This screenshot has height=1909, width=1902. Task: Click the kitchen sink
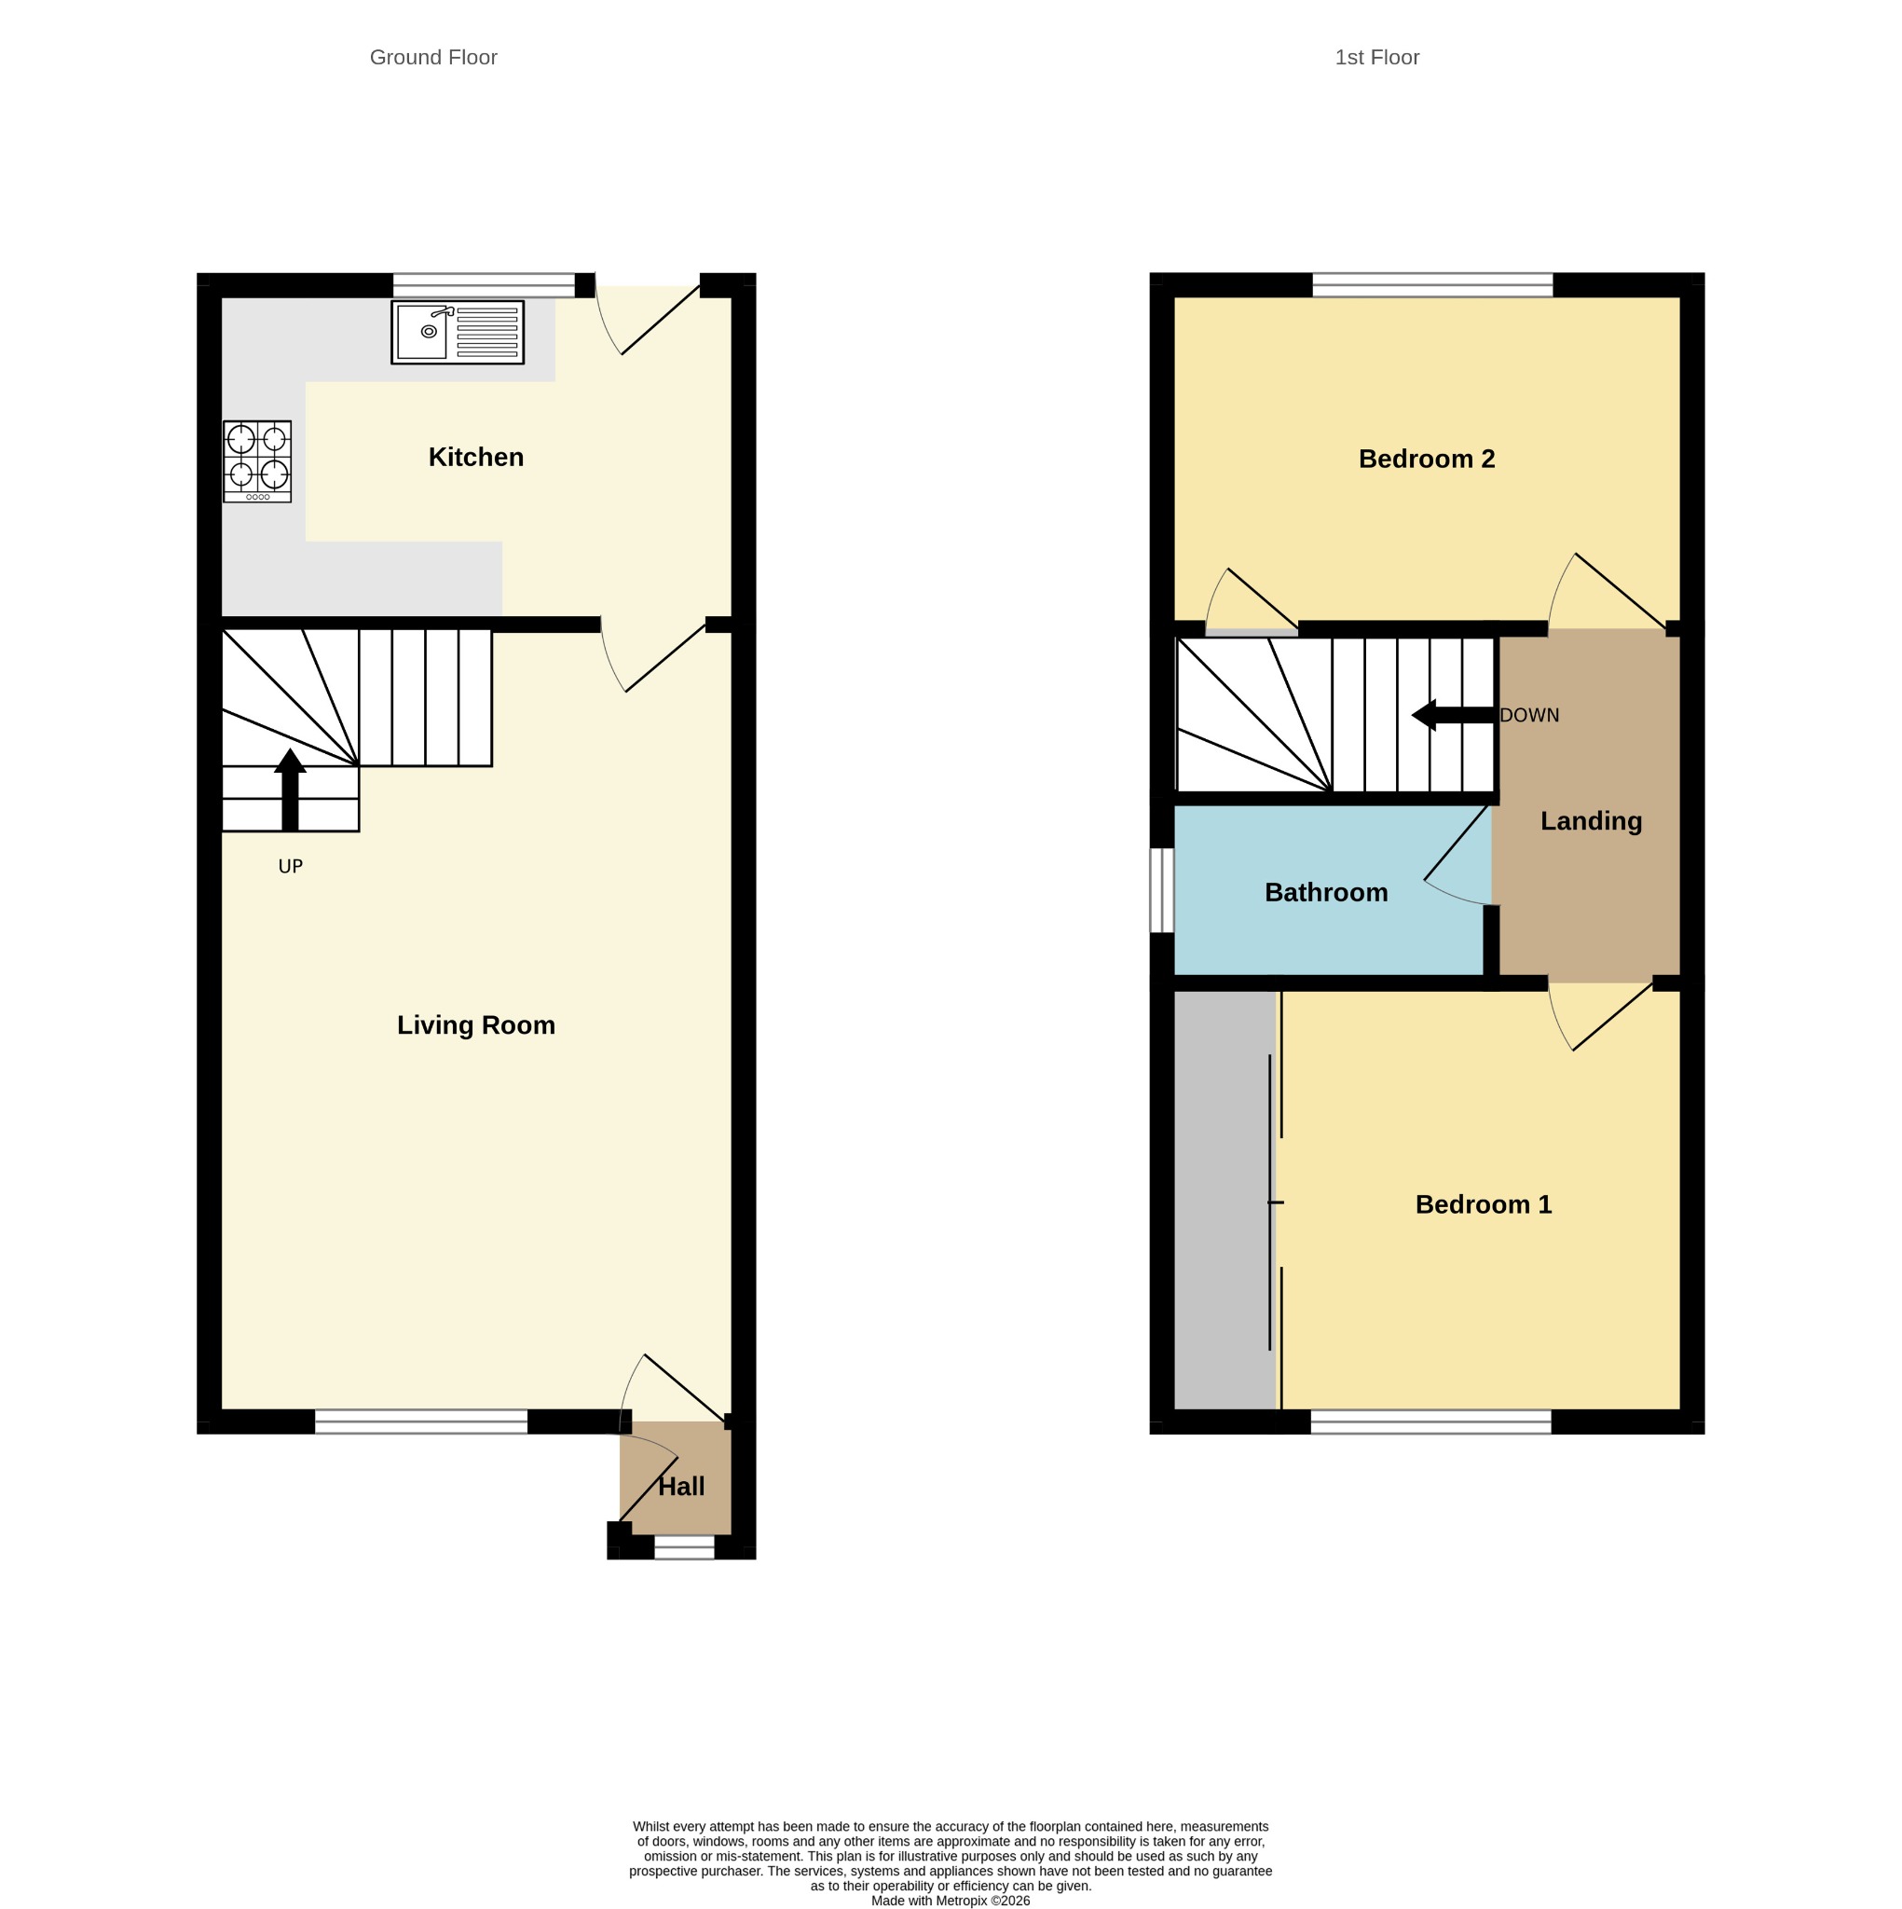click(x=457, y=332)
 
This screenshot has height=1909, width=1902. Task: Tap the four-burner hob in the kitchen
click(x=257, y=461)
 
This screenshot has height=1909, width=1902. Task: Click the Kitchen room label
click(x=475, y=457)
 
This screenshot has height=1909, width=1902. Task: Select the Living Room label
click(x=475, y=1024)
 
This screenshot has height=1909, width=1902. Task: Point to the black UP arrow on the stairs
click(x=290, y=790)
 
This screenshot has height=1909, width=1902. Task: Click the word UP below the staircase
click(x=291, y=867)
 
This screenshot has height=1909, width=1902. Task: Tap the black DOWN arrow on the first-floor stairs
click(x=1453, y=714)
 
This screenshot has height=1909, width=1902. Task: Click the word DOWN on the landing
click(x=1528, y=715)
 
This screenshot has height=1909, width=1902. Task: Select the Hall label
click(x=681, y=1487)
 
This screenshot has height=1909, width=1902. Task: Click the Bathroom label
click(x=1326, y=892)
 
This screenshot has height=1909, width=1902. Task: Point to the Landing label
click(x=1591, y=821)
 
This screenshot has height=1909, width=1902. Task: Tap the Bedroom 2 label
click(x=1426, y=459)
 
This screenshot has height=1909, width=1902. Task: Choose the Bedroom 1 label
click(x=1483, y=1204)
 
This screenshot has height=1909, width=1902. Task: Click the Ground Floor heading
click(x=432, y=57)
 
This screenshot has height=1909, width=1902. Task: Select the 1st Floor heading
click(x=1376, y=57)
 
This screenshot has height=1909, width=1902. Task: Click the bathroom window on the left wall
click(x=1162, y=889)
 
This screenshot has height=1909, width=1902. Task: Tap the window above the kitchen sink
click(x=485, y=285)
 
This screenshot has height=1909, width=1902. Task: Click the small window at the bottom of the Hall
click(x=684, y=1547)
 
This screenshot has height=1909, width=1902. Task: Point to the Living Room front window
click(x=421, y=1421)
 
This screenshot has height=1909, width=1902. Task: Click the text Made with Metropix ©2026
click(x=951, y=1900)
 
